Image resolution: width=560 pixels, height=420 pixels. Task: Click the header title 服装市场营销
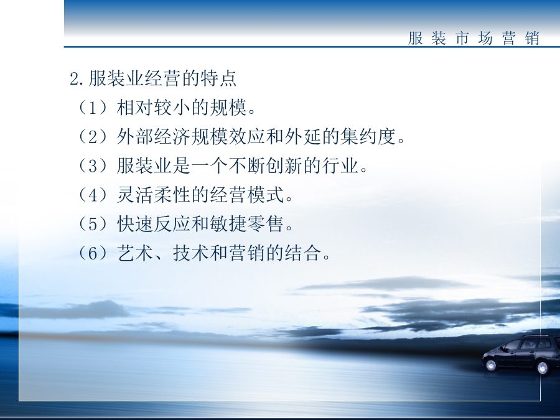[x=474, y=38]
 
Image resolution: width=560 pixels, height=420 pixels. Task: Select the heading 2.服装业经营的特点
[x=153, y=78]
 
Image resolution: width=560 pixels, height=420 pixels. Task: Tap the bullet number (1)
[x=93, y=107]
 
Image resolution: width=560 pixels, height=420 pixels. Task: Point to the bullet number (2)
[x=93, y=136]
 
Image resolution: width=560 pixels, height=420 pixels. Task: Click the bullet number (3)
[x=93, y=166]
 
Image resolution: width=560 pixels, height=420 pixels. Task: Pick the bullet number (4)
[x=93, y=195]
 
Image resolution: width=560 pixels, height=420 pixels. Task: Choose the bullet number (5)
[x=93, y=224]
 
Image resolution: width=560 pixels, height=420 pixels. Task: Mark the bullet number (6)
[x=93, y=254]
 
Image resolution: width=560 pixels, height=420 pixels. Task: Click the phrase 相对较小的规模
[x=182, y=107]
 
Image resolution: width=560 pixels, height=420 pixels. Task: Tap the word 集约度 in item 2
[x=368, y=136]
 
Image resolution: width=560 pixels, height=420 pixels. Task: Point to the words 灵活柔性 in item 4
[x=154, y=195]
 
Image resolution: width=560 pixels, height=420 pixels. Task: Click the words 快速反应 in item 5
[x=154, y=224]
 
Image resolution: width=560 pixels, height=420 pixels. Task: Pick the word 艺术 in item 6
[x=136, y=254]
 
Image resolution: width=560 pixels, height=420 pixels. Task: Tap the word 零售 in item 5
[x=265, y=224]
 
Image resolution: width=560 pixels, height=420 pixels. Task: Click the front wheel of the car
[x=491, y=365]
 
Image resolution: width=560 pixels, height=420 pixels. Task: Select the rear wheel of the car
[x=543, y=368]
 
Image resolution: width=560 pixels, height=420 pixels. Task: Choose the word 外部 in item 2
[x=136, y=136]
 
